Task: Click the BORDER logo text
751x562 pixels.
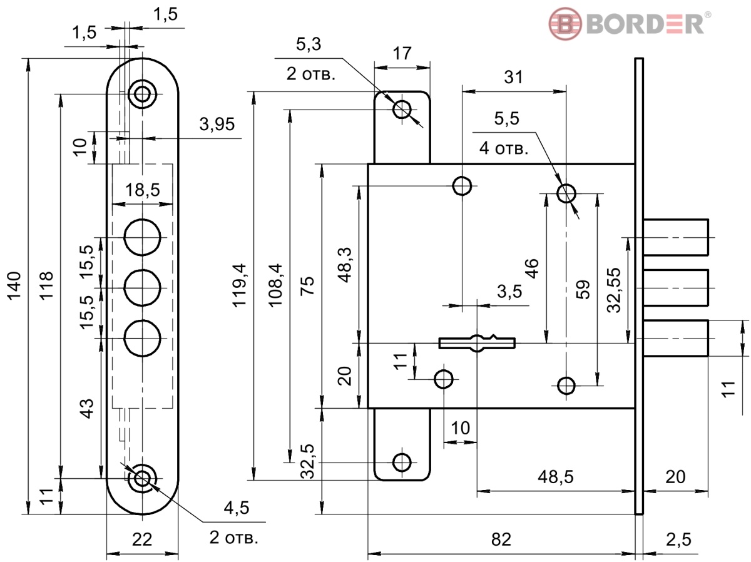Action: [x=645, y=24]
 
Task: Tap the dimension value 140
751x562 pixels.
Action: [x=14, y=286]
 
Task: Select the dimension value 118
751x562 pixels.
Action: [x=46, y=286]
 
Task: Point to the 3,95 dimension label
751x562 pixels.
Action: [x=217, y=124]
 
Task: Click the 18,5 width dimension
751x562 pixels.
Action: [x=142, y=190]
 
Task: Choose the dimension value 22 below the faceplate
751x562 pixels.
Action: [x=142, y=539]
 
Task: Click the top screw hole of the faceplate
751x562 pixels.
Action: [x=142, y=94]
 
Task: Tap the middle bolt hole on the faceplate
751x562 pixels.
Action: [x=142, y=288]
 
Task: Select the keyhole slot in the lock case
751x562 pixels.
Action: [x=477, y=343]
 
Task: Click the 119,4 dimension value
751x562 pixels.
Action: [x=240, y=285]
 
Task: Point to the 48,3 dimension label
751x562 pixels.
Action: [x=345, y=265]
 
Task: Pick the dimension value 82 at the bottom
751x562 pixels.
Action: [x=501, y=539]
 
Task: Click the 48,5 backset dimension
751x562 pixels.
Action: [x=555, y=477]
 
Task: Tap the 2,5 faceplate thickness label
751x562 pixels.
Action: [x=679, y=539]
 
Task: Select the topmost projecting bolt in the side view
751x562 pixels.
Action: [x=675, y=237]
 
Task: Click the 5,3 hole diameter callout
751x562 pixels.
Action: [x=309, y=44]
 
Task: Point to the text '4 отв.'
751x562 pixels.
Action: [x=504, y=148]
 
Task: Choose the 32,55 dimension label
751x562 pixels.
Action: [x=613, y=290]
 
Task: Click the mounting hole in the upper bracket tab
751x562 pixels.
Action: [x=402, y=110]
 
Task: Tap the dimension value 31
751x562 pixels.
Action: [x=513, y=77]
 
